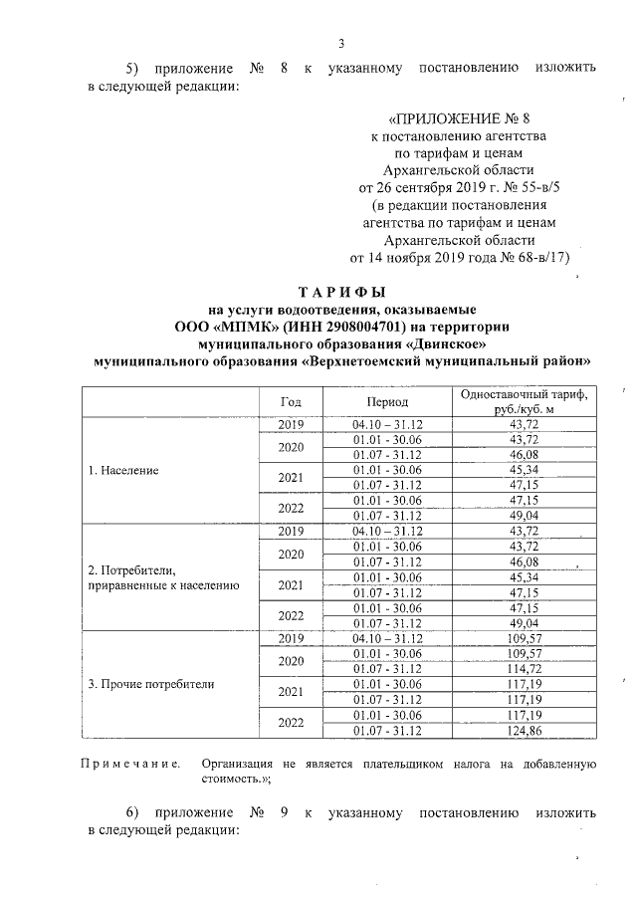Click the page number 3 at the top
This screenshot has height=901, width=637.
tap(341, 43)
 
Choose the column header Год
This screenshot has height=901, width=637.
tap(291, 402)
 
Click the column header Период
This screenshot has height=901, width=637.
tap(386, 402)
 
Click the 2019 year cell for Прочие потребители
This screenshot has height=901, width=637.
tap(291, 637)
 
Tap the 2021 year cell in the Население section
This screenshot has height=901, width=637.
tap(291, 478)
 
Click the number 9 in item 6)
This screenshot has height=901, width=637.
tap(285, 811)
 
